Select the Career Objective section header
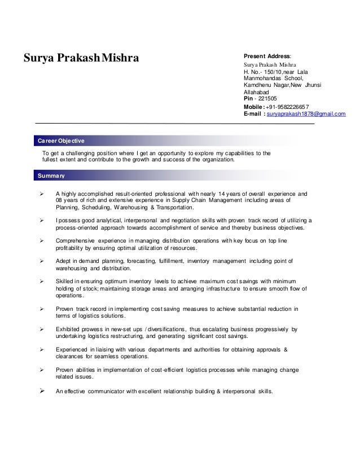(60, 140)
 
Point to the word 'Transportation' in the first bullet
(172, 207)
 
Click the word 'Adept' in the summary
(64, 261)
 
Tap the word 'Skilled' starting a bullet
(66, 280)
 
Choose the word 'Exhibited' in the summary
(70, 328)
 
